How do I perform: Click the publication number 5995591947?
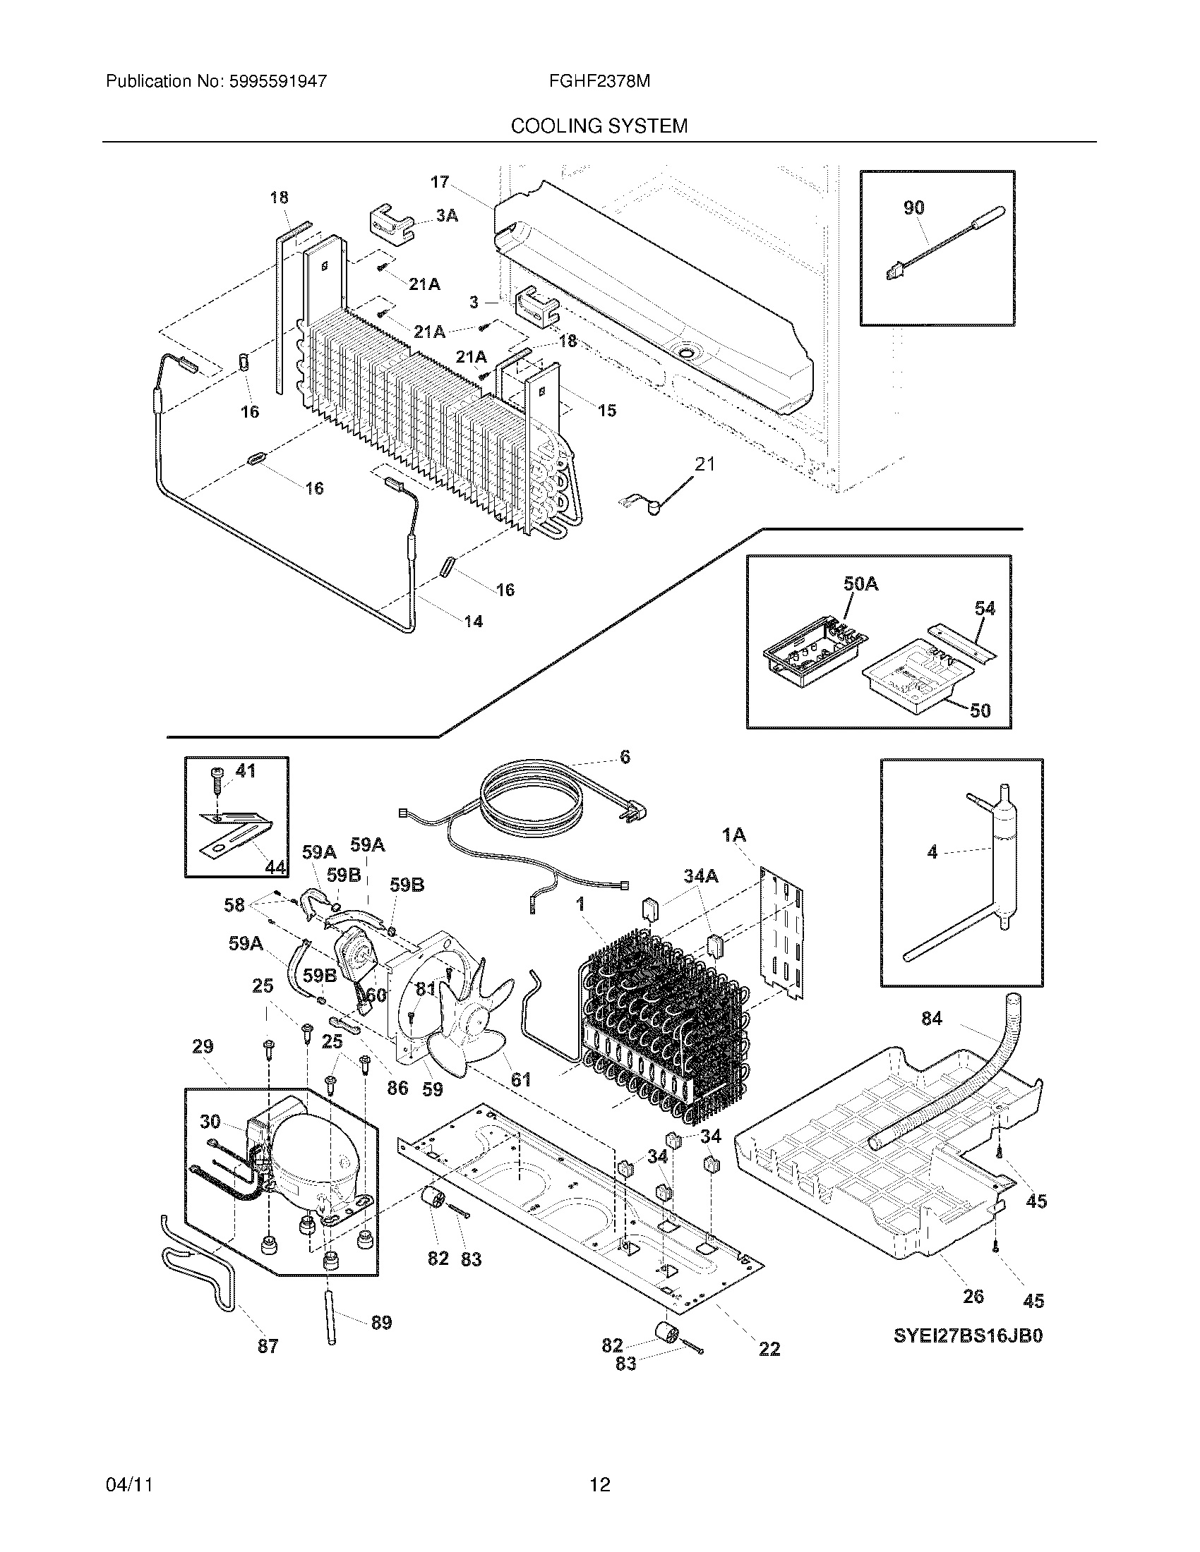(x=277, y=81)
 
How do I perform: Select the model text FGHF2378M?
(x=599, y=81)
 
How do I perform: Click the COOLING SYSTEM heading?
(x=599, y=126)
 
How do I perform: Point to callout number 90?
(x=913, y=207)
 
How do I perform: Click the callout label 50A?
(x=860, y=584)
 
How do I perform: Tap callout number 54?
(x=985, y=608)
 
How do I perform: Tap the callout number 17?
(x=439, y=182)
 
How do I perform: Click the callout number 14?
(x=474, y=622)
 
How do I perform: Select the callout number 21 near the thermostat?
(x=704, y=464)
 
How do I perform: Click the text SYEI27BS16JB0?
(x=968, y=1336)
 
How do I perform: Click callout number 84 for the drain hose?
(x=931, y=1019)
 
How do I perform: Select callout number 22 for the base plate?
(x=769, y=1349)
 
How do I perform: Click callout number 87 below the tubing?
(x=268, y=1347)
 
